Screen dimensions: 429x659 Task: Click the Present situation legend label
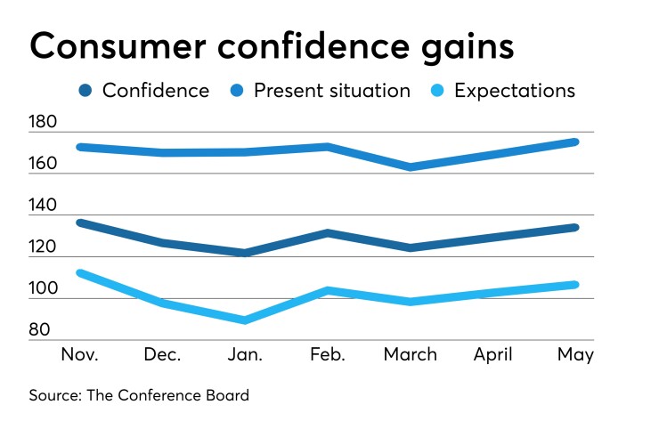(331, 90)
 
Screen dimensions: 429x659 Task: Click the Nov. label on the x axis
(80, 354)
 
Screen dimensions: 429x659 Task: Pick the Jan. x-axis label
(245, 354)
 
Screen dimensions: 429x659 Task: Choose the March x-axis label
(410, 354)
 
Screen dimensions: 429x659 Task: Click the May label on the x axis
(575, 354)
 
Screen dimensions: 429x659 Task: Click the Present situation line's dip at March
(410, 166)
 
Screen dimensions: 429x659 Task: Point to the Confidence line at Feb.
(328, 233)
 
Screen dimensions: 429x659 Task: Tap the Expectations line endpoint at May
(574, 285)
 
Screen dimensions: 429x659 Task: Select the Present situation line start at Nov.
(81, 147)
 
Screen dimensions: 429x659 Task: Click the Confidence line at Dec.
(163, 242)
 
